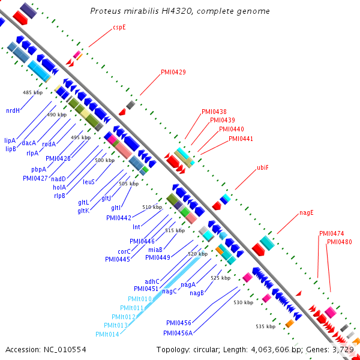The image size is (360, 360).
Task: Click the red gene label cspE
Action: coord(119,27)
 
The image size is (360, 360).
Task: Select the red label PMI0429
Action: coord(173,73)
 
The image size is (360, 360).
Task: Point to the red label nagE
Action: coord(307,212)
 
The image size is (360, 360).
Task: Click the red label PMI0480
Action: coord(340,242)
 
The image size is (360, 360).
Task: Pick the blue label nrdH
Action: coord(13,110)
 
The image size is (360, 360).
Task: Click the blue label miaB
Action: coord(155,249)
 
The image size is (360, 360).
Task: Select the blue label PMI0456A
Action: coord(178,332)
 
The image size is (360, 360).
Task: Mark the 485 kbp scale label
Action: coord(32,92)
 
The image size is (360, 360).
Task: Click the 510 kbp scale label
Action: coord(152,207)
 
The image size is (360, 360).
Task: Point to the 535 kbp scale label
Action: coord(265,326)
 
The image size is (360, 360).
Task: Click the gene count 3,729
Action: coord(344,349)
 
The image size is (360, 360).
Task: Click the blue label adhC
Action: coord(152,281)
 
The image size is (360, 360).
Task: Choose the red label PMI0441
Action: coord(241,139)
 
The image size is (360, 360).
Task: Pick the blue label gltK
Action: coord(83,210)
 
